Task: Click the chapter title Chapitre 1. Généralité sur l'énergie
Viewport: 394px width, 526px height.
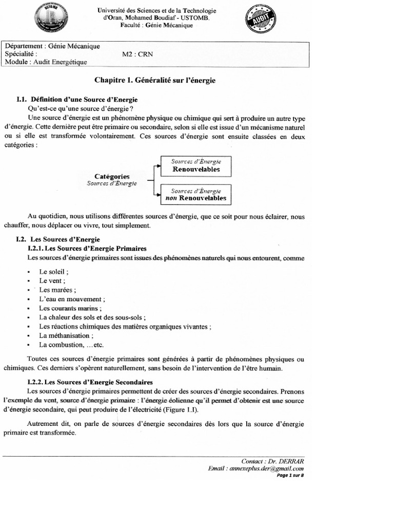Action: pos(155,81)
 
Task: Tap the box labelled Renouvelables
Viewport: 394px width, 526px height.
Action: pos(196,165)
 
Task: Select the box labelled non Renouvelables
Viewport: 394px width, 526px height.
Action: pos(196,194)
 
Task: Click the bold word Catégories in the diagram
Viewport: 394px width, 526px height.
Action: pos(112,176)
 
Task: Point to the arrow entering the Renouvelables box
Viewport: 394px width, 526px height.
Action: pos(157,166)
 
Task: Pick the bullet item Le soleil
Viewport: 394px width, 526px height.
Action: pos(54,271)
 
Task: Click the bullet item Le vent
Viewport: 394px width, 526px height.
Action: pos(52,280)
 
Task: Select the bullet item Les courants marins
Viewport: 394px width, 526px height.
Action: pos(70,308)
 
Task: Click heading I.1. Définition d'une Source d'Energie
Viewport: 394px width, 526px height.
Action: pos(77,99)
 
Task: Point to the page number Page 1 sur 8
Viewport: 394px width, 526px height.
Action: pos(290,475)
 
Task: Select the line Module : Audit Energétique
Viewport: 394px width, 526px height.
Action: pos(46,62)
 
